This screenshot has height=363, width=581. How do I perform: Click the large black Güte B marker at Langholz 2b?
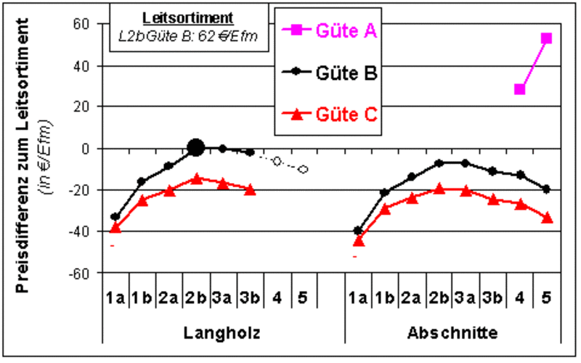[x=195, y=148]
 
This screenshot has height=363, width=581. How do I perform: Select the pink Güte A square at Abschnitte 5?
[x=546, y=38]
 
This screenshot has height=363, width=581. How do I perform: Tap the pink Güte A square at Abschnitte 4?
[x=519, y=89]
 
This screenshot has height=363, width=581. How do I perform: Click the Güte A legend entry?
[x=345, y=30]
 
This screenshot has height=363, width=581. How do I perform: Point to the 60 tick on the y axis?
[x=79, y=24]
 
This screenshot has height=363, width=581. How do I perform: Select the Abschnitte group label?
[x=452, y=333]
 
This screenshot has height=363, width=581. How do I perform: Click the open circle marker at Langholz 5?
[x=303, y=169]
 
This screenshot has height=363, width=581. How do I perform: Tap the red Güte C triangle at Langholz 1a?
[x=115, y=227]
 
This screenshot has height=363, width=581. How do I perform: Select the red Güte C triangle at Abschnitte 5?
[x=546, y=217]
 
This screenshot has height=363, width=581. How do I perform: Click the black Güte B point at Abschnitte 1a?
[x=357, y=231]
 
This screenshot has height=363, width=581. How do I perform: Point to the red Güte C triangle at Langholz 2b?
[x=195, y=178]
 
